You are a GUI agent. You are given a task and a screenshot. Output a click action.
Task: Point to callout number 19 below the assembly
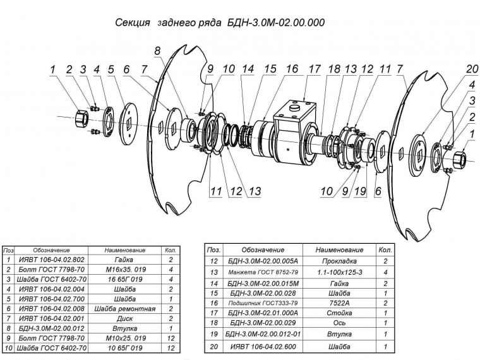pyautogui.click(x=359, y=191)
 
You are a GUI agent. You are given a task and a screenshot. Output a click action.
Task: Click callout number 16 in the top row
pyautogui.click(x=292, y=69)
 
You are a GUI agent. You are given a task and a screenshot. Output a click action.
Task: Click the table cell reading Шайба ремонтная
pyautogui.click(x=124, y=309)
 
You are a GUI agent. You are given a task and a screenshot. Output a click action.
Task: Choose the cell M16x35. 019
pyautogui.click(x=124, y=269)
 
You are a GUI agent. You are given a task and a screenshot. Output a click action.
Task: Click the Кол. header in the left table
pyautogui.click(x=169, y=250)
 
